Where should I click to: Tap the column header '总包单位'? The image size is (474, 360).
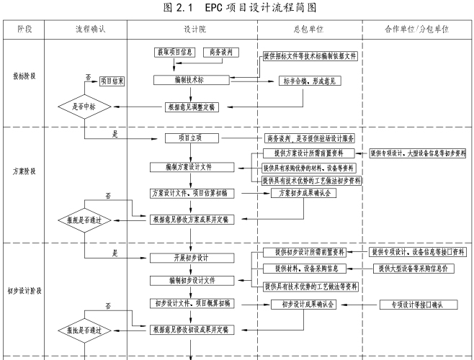[309, 29]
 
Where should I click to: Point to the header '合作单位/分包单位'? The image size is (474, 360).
[416, 29]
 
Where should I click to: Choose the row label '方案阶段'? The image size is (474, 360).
[24, 173]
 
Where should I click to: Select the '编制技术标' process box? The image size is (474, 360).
[190, 80]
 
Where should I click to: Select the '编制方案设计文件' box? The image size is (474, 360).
[190, 167]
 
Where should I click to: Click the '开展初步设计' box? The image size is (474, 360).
[190, 258]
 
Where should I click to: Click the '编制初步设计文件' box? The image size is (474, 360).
[190, 279]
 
